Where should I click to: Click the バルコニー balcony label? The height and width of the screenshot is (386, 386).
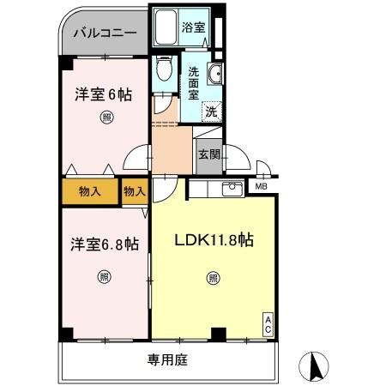(104, 34)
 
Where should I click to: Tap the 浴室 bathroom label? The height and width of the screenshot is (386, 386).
(193, 27)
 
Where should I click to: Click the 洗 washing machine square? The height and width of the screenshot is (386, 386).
(210, 110)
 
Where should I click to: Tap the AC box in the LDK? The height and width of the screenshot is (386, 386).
(268, 323)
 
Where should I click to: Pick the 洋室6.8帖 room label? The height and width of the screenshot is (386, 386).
(104, 244)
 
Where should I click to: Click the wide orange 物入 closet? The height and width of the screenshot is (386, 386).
(89, 190)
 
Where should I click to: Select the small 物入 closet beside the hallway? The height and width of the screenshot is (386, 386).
(134, 190)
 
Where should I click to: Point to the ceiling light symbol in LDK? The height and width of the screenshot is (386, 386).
(212, 276)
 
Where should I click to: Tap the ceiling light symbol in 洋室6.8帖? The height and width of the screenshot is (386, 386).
(103, 276)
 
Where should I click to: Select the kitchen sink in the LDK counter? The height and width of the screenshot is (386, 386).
(230, 190)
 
